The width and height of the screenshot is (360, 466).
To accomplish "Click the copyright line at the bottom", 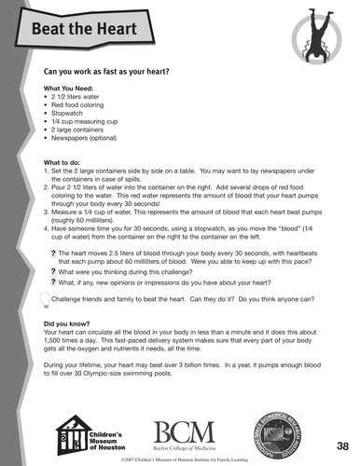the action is point(187,459).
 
